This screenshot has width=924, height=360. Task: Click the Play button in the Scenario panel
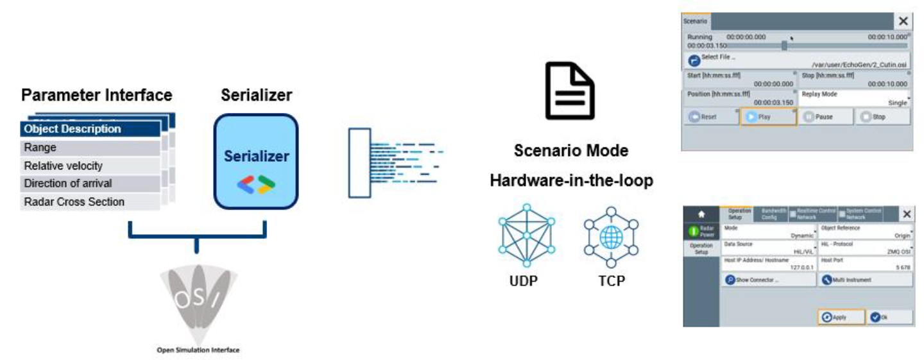pyautogui.click(x=768, y=117)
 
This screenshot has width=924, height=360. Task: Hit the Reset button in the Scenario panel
pyautogui.click(x=710, y=117)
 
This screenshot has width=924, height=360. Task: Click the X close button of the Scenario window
pyautogui.click(x=903, y=21)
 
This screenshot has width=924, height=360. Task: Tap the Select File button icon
pyautogui.click(x=694, y=60)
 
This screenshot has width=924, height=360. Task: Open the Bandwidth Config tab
pyautogui.click(x=773, y=214)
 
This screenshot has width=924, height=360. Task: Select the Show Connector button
pyautogui.click(x=767, y=280)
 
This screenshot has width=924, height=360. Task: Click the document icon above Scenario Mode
pyautogui.click(x=570, y=90)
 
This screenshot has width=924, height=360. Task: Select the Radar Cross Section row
pyautogui.click(x=90, y=201)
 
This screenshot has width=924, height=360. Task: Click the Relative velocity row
pyautogui.click(x=90, y=166)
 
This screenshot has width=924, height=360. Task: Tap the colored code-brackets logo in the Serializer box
pyautogui.click(x=256, y=185)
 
